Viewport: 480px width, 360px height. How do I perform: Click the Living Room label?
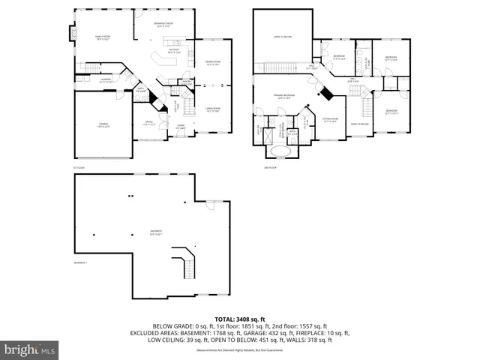click(x=212, y=111)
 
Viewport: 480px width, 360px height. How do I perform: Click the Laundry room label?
click(x=106, y=80)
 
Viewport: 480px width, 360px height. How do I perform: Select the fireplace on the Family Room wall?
click(x=73, y=34)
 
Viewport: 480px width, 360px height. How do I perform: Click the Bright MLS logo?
click(x=30, y=349)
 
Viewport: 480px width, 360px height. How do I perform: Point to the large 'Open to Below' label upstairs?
click(x=281, y=35)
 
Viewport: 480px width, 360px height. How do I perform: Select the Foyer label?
click(x=181, y=127)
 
